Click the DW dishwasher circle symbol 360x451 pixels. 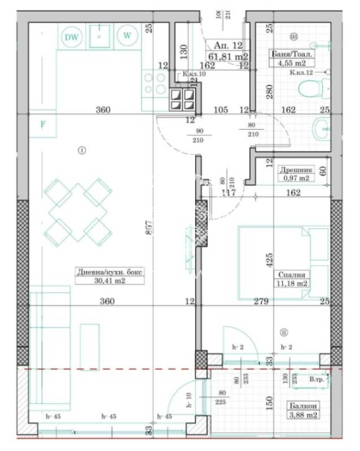click(x=71, y=37)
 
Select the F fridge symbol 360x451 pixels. click(x=42, y=125)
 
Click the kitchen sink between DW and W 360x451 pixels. click(x=99, y=36)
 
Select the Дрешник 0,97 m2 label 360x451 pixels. click(x=295, y=173)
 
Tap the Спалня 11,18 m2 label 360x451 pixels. click(x=292, y=279)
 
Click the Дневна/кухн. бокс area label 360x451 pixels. click(x=111, y=276)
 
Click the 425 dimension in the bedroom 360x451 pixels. click(x=270, y=260)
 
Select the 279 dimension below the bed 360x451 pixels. click(x=260, y=302)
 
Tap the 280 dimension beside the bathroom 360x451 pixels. click(x=270, y=91)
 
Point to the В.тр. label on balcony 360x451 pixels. click(x=317, y=380)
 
